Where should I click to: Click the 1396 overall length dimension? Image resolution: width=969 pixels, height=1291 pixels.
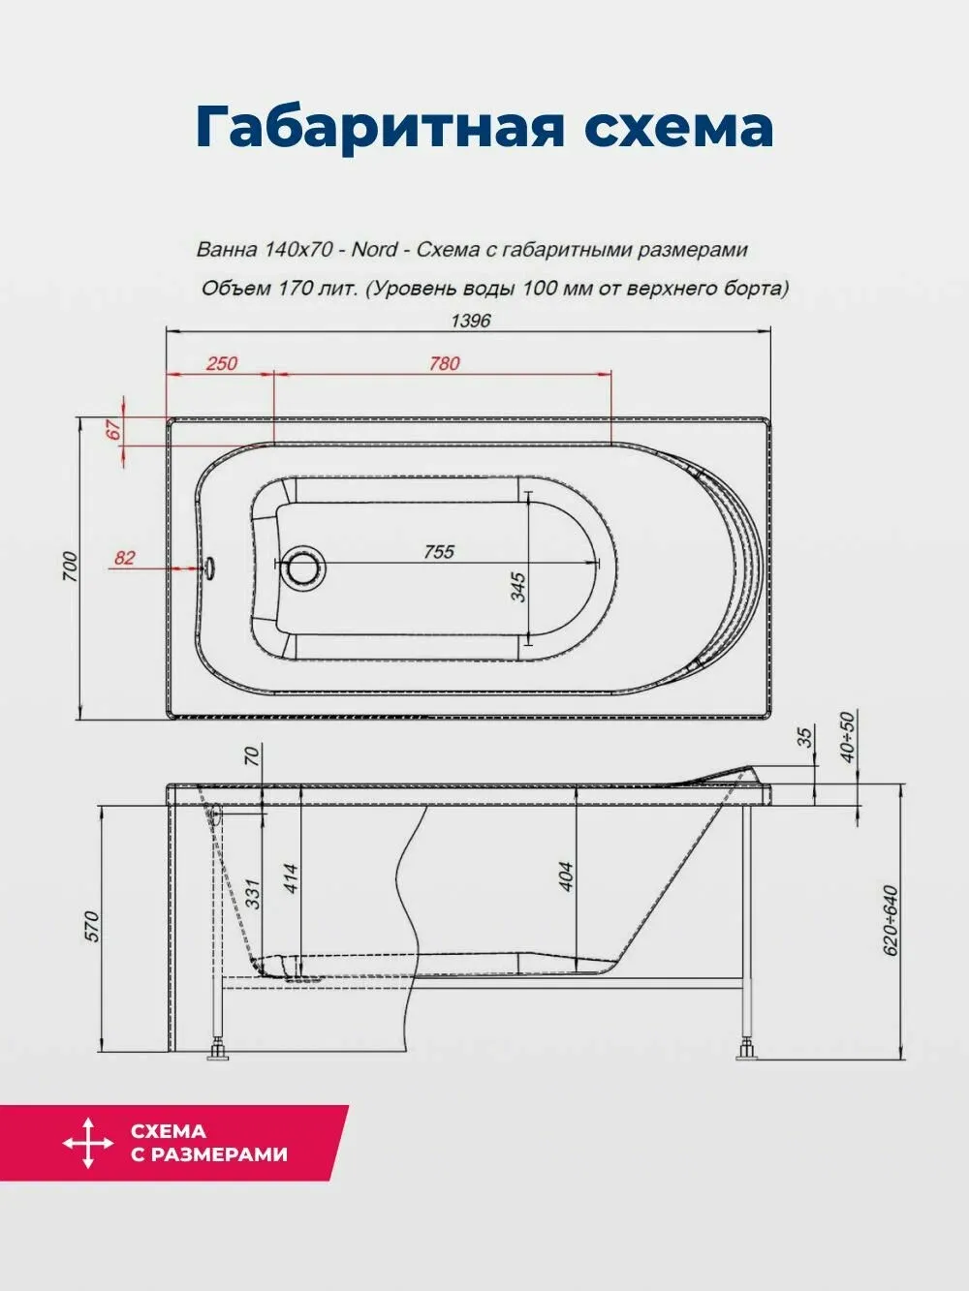click(x=470, y=322)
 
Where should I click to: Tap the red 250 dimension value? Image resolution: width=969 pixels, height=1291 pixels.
click(x=222, y=363)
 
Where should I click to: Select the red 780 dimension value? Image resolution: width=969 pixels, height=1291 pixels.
click(x=444, y=363)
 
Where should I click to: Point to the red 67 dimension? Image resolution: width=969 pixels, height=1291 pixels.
click(x=114, y=429)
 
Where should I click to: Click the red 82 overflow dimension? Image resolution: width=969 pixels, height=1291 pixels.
click(x=124, y=558)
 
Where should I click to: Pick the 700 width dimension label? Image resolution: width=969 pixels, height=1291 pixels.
click(x=70, y=567)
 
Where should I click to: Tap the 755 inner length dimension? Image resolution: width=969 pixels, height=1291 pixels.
click(x=439, y=552)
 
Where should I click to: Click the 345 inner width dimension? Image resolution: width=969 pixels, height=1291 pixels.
click(x=518, y=586)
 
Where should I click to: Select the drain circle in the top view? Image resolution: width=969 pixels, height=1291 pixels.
click(x=303, y=567)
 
